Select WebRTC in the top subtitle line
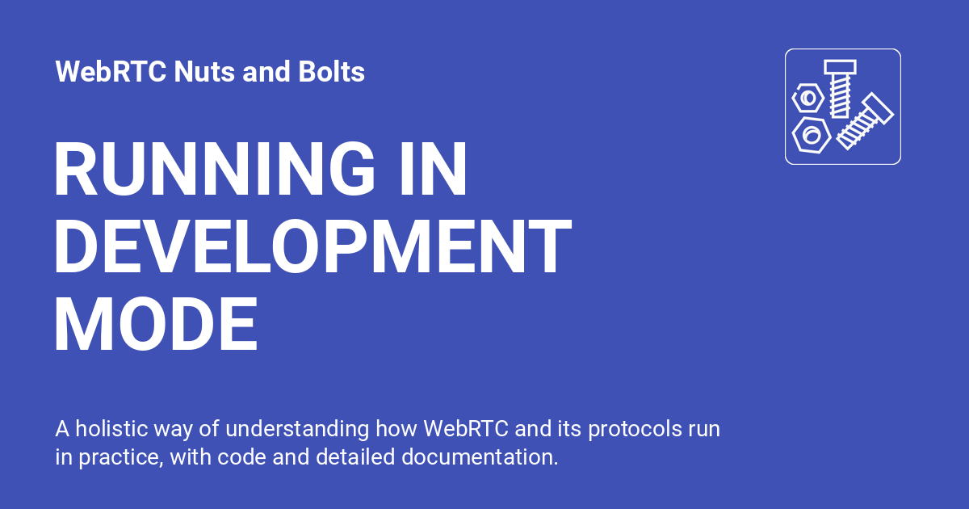click(x=110, y=73)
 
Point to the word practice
click(x=122, y=457)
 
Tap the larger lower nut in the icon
click(x=811, y=133)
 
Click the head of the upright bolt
click(x=840, y=67)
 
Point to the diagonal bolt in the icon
click(x=864, y=121)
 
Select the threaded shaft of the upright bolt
click(x=840, y=95)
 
